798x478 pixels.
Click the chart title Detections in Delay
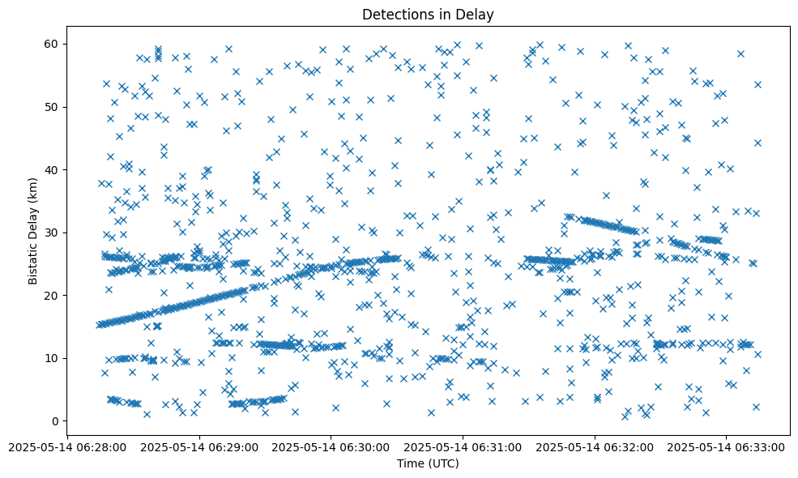(x=427, y=15)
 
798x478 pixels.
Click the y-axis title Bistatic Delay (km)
(x=33, y=231)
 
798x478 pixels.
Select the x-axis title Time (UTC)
(x=427, y=463)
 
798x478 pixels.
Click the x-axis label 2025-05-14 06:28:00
(x=66, y=446)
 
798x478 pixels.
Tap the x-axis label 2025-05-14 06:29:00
(x=198, y=446)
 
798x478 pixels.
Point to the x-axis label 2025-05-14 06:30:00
(x=331, y=446)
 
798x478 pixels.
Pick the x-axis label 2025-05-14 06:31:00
(x=463, y=446)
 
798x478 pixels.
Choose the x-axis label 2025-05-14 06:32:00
(x=595, y=446)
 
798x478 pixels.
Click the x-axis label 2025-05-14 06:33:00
(x=727, y=446)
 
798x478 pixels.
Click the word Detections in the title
(x=398, y=15)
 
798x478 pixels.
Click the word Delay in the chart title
(x=476, y=15)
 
